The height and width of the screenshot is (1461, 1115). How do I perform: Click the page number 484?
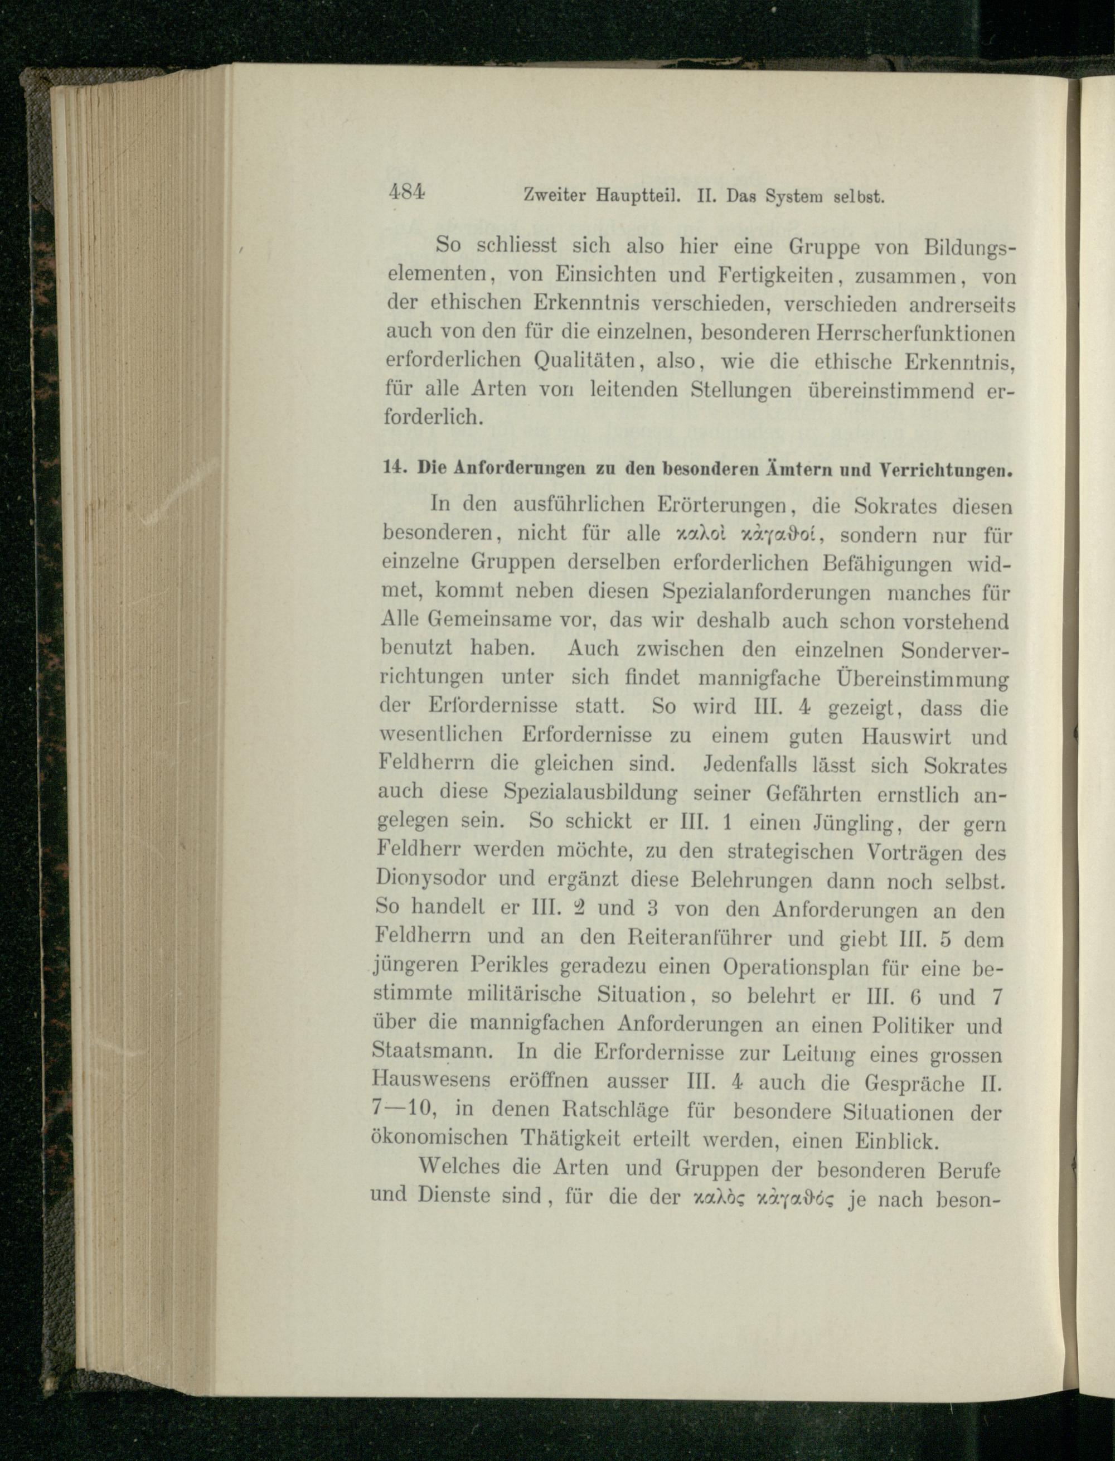[x=408, y=193]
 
